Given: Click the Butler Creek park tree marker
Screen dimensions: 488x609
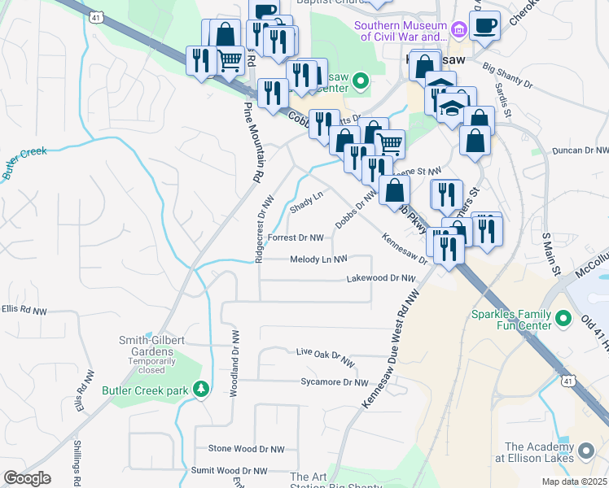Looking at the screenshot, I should [x=200, y=390].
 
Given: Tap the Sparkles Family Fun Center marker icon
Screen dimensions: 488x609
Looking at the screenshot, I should [x=563, y=316].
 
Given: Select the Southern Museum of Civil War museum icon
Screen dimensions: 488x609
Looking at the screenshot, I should [x=458, y=30].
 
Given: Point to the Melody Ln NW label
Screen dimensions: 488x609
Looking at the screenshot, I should [x=319, y=259].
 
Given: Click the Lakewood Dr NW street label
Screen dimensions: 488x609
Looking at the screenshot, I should [x=381, y=278].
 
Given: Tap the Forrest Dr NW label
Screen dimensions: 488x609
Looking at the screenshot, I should [x=296, y=238].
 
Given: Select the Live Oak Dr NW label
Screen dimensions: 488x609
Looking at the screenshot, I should [x=326, y=355].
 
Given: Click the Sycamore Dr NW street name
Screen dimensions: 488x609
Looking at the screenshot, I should [x=335, y=381].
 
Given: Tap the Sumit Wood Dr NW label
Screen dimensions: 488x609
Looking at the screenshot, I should [x=229, y=471].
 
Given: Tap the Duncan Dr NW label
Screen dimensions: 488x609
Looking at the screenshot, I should [x=581, y=150].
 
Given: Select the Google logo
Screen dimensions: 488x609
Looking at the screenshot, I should [x=27, y=477].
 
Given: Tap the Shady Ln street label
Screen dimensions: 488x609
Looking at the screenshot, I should [x=307, y=201].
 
